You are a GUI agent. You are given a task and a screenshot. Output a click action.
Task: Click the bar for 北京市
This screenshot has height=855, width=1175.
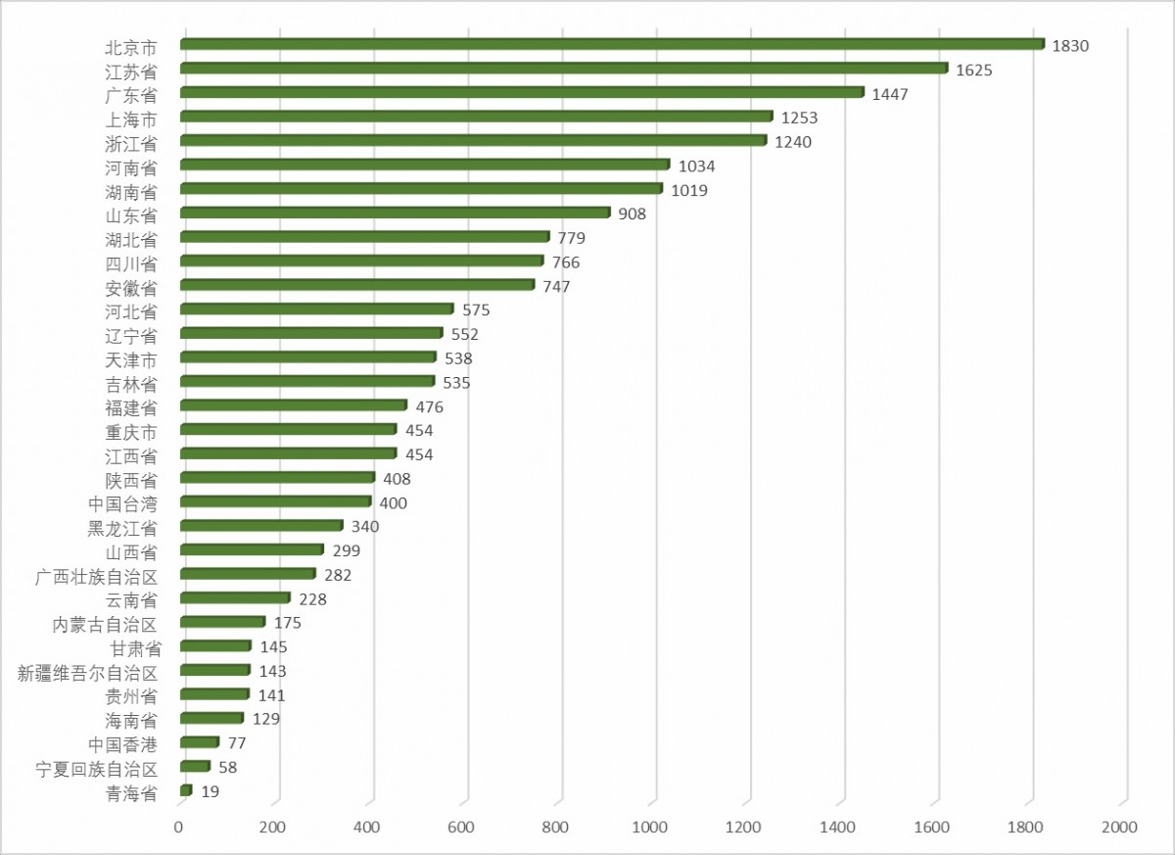click(612, 44)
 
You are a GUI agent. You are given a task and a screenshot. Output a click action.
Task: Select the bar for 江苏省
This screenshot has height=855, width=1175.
click(563, 69)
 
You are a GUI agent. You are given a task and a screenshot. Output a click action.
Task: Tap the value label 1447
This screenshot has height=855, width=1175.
click(890, 94)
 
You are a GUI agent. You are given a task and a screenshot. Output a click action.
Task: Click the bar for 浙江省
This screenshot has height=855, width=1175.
click(473, 141)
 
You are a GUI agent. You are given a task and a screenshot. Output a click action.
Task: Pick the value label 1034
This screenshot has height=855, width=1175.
click(696, 166)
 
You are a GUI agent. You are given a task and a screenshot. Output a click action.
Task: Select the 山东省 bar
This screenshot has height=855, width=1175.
click(395, 213)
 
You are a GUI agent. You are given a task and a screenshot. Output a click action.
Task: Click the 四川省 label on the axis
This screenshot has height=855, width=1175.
click(131, 262)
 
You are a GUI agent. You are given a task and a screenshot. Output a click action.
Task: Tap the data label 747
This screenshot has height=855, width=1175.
click(556, 286)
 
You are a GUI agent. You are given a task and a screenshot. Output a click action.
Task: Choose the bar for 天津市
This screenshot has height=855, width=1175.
click(307, 357)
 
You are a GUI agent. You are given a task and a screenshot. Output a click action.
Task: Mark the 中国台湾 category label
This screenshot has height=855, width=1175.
click(122, 502)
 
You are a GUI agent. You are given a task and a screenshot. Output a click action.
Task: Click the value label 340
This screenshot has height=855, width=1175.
click(365, 527)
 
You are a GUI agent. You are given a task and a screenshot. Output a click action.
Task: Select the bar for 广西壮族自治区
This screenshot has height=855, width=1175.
click(248, 574)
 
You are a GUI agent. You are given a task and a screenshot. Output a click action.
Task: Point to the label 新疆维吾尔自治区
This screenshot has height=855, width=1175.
click(88, 672)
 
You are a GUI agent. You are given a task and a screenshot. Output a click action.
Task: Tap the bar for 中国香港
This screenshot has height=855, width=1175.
click(199, 742)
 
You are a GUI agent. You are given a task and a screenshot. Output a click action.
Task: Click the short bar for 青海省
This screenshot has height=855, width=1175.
click(186, 790)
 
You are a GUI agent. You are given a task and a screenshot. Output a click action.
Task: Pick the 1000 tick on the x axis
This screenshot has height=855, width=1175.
click(651, 828)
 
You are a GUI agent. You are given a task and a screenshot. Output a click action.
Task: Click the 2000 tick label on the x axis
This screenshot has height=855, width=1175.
click(1119, 828)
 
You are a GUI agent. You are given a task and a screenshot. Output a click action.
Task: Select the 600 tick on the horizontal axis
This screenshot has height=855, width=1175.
click(462, 828)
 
